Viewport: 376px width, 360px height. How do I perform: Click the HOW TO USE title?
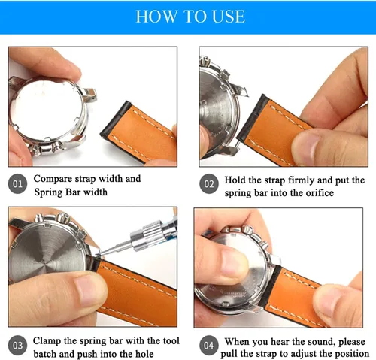[x=190, y=17]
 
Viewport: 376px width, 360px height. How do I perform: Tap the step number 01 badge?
[x=17, y=184]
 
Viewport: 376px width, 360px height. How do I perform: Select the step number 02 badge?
[x=209, y=184]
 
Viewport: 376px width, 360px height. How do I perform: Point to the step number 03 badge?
[x=17, y=346]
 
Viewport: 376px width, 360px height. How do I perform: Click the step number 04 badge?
[x=208, y=346]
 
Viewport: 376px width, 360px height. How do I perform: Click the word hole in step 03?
[x=144, y=354]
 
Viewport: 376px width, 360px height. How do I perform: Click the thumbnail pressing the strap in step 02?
[x=306, y=147]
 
